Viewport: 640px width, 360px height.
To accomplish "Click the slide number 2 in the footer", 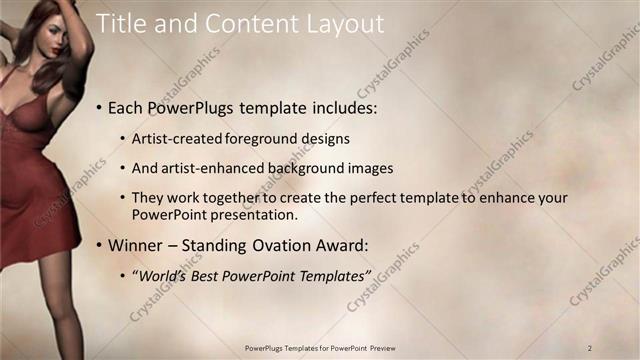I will [x=590, y=347].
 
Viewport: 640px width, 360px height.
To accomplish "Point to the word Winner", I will [x=136, y=244].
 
